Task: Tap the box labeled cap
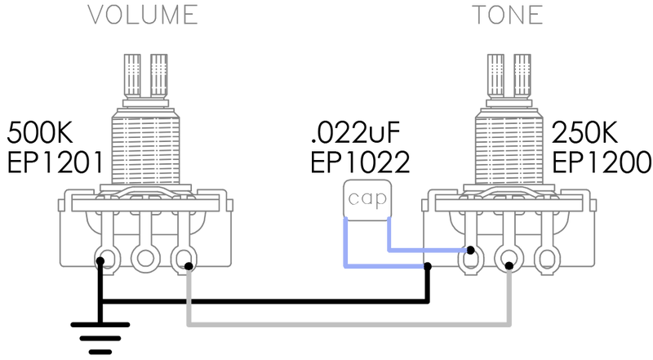click(367, 198)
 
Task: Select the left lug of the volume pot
click(106, 260)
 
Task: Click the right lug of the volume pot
click(184, 260)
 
